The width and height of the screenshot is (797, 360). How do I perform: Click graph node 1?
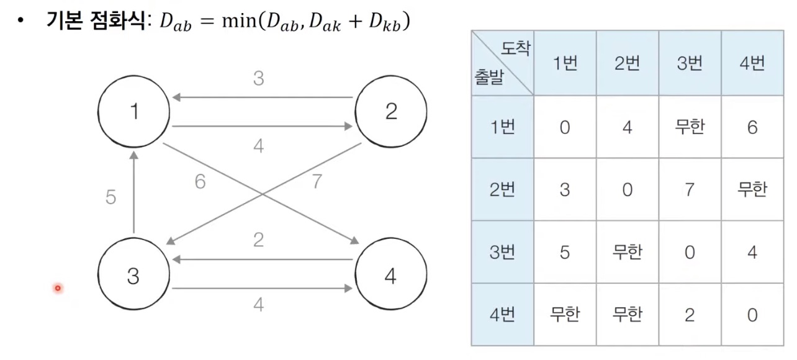133,112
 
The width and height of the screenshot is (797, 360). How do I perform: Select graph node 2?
390,112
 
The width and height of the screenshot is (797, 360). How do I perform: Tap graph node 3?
133,276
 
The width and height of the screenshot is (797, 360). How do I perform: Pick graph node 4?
390,276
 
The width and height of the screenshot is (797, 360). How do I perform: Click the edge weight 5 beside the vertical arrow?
110,197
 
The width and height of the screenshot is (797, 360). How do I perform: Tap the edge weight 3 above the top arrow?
259,79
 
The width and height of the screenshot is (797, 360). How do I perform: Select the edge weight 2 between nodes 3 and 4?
259,239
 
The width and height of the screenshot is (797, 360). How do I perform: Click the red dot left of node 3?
58,288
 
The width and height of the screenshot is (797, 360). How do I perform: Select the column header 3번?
690,64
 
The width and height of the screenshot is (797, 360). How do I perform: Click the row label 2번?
502,189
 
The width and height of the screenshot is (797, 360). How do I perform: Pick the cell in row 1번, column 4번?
752,127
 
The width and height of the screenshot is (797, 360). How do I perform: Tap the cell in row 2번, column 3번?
690,189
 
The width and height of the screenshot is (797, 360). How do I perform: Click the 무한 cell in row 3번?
627,252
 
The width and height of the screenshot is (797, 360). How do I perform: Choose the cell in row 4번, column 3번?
690,315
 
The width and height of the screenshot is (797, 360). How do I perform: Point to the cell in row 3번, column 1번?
565,252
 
